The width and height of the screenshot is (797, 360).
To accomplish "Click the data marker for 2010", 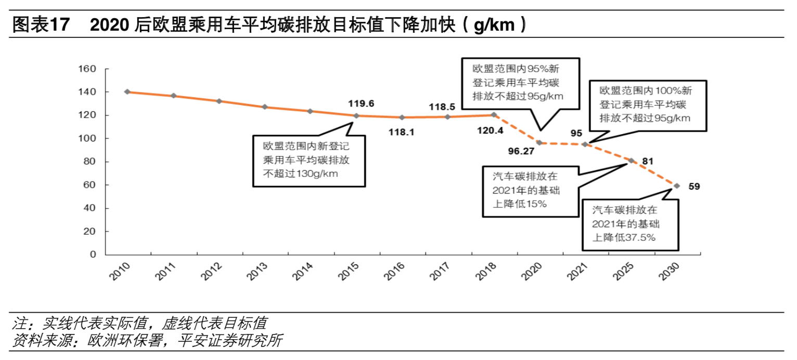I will (127, 92).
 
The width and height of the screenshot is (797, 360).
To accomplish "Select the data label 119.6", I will (361, 104).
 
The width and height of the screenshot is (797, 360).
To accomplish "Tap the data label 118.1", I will (401, 132).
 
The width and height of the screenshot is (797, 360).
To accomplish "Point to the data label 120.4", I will (490, 131).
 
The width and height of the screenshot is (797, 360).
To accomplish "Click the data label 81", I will (648, 161).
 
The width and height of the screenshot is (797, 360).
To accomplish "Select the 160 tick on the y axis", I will (86, 69).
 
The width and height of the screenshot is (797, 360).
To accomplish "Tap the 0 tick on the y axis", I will (93, 254).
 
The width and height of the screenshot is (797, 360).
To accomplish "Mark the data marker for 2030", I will (677, 186).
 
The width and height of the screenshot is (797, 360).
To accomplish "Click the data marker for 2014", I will (310, 111).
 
